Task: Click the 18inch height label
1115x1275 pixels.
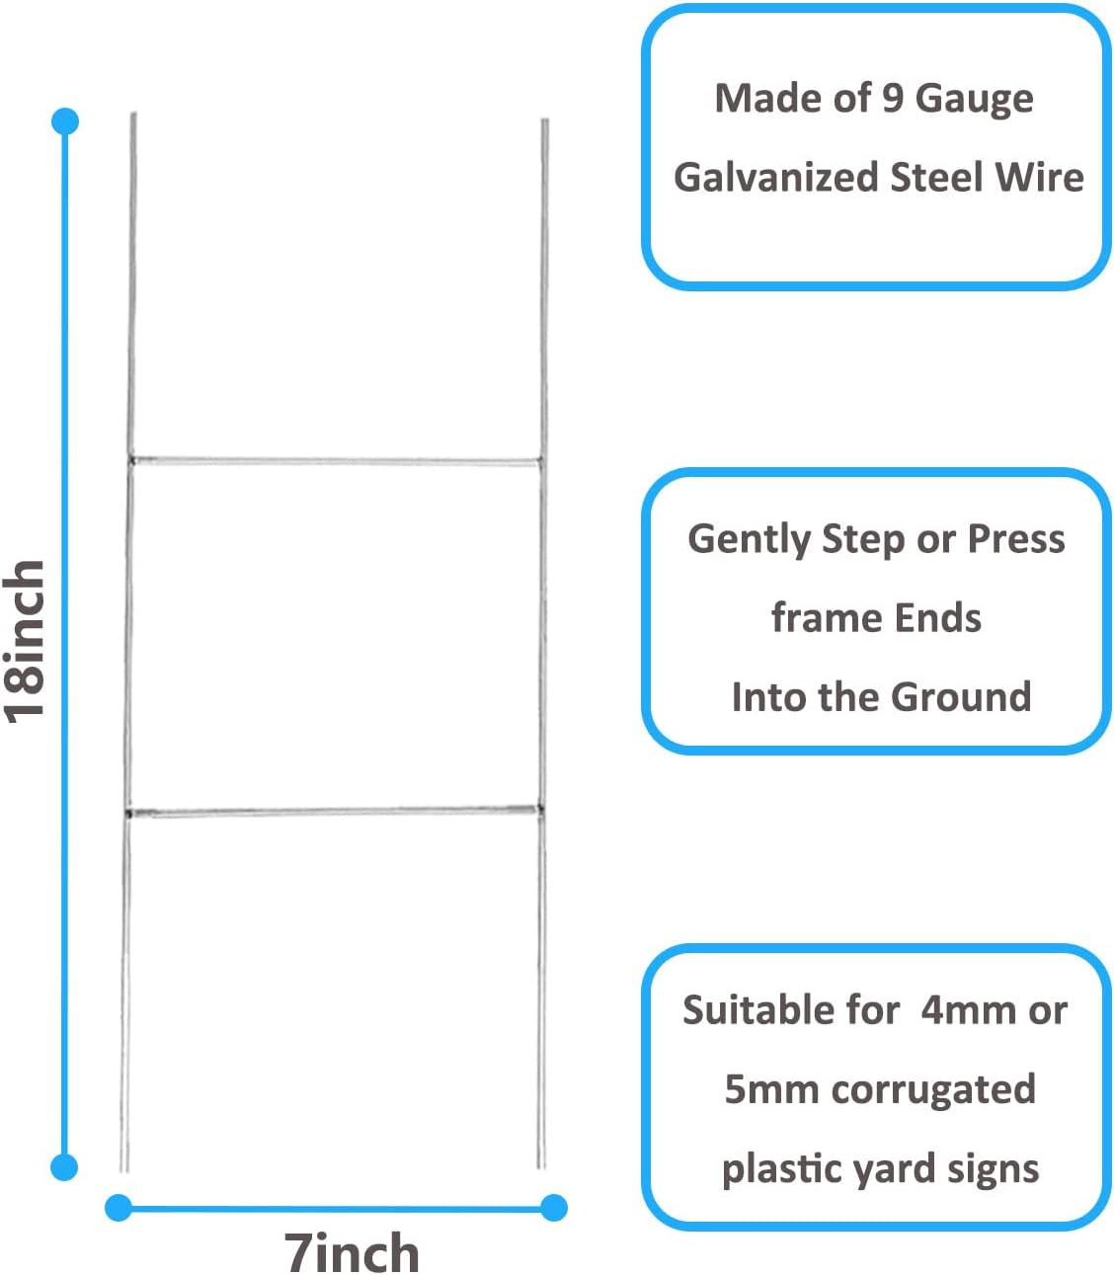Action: click(26, 640)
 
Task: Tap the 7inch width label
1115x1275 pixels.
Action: click(352, 1252)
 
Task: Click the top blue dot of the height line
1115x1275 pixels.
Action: click(65, 121)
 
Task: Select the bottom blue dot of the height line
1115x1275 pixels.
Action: click(64, 1166)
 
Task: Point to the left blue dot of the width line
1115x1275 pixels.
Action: click(119, 1207)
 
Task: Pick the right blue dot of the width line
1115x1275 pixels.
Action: click(554, 1207)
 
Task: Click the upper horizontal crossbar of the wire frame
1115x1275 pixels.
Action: click(336, 460)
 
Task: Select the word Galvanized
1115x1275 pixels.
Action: click(775, 178)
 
